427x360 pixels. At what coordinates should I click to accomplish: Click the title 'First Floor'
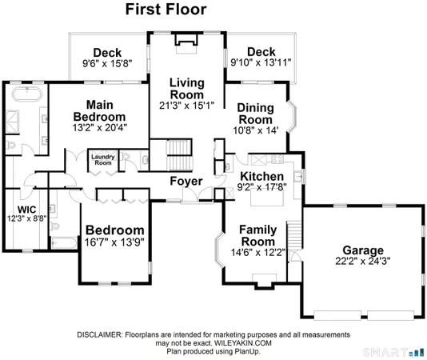pyautogui.click(x=166, y=10)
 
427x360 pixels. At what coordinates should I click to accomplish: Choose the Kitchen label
pyautogui.click(x=262, y=176)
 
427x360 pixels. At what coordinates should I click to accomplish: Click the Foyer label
pyautogui.click(x=186, y=182)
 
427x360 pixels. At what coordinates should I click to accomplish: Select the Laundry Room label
pyautogui.click(x=103, y=159)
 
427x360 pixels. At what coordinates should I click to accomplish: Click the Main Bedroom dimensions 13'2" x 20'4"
pyautogui.click(x=110, y=126)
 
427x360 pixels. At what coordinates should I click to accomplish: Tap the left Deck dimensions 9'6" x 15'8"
pyautogui.click(x=106, y=62)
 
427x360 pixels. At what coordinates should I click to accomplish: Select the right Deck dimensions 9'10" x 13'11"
pyautogui.click(x=261, y=62)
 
